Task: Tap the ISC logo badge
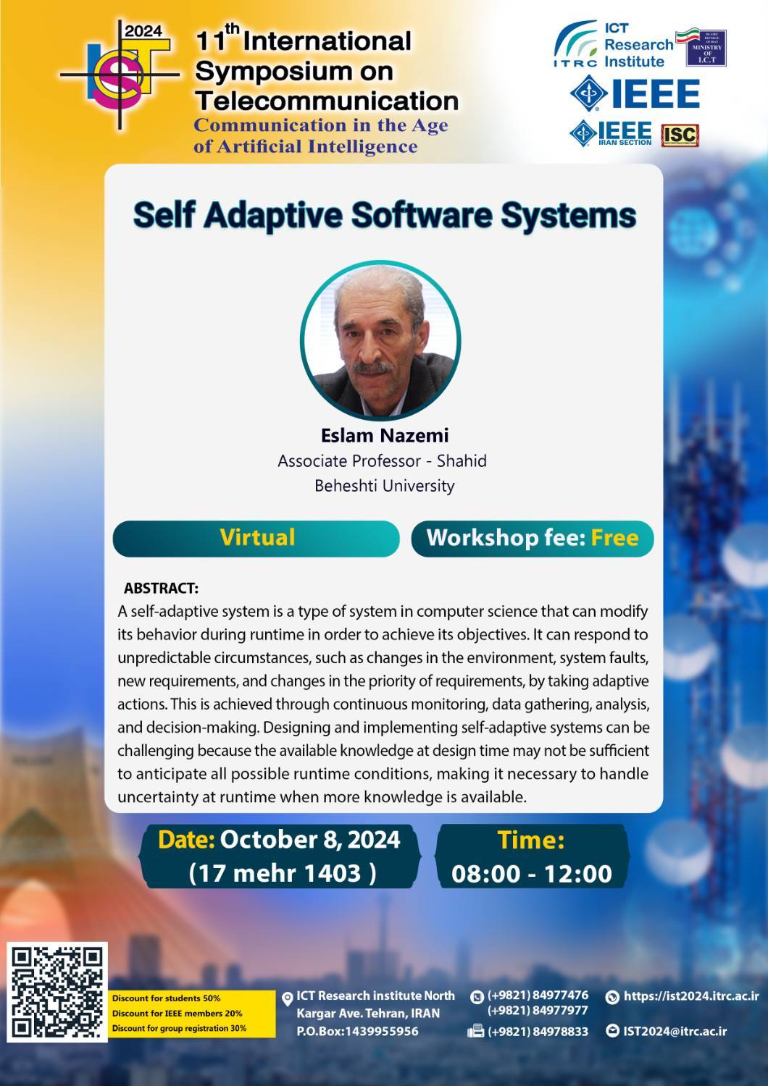(x=680, y=135)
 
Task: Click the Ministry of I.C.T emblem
(x=706, y=48)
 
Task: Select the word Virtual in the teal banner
(x=257, y=537)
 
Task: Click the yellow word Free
(x=614, y=538)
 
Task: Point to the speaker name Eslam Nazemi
(x=385, y=435)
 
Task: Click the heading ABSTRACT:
(x=161, y=588)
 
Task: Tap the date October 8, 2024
(x=310, y=840)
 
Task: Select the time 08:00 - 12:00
(x=532, y=874)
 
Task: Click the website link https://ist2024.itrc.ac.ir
(x=691, y=995)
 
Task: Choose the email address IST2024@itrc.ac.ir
(x=675, y=1031)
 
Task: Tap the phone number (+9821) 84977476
(x=538, y=995)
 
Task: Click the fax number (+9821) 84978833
(x=538, y=1031)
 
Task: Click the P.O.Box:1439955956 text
(x=358, y=1031)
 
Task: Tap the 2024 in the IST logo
(x=143, y=32)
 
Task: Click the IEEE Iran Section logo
(x=610, y=132)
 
